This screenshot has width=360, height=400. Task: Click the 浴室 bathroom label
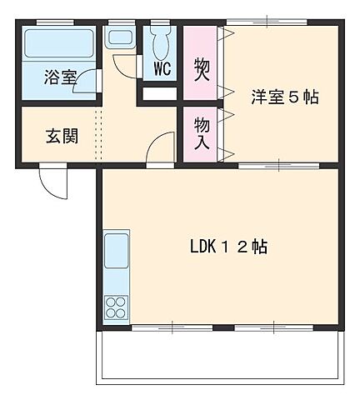coord(61,77)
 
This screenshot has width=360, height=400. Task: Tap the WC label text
coord(162,68)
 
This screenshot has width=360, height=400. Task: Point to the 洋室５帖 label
coord(285,97)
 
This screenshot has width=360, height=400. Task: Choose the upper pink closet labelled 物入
coord(201,64)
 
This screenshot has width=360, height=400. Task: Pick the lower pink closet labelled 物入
coord(201,133)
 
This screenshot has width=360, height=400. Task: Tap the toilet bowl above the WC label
coord(161,42)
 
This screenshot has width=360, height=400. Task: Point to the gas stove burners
coord(116,306)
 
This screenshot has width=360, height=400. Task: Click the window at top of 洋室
coord(266,22)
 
